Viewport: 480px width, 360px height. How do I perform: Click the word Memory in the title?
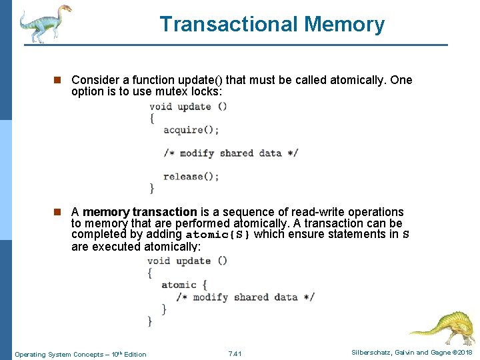tap(345, 25)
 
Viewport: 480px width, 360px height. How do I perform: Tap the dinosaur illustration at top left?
tap(44, 23)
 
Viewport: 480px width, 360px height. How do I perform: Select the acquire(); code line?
tap(191, 129)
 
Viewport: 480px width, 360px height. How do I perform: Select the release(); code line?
tap(191, 177)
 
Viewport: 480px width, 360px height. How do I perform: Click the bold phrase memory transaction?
tap(140, 212)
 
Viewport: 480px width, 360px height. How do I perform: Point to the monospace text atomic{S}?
tap(218, 235)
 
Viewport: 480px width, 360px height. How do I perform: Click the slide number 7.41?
tap(235, 353)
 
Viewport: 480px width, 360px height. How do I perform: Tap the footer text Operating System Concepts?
tap(57, 354)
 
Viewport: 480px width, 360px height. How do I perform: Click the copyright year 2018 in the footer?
tap(464, 353)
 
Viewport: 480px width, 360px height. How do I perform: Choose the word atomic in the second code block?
tap(179, 285)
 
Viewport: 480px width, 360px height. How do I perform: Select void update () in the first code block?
tap(188, 106)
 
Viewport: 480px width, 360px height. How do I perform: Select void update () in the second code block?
tap(187, 261)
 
